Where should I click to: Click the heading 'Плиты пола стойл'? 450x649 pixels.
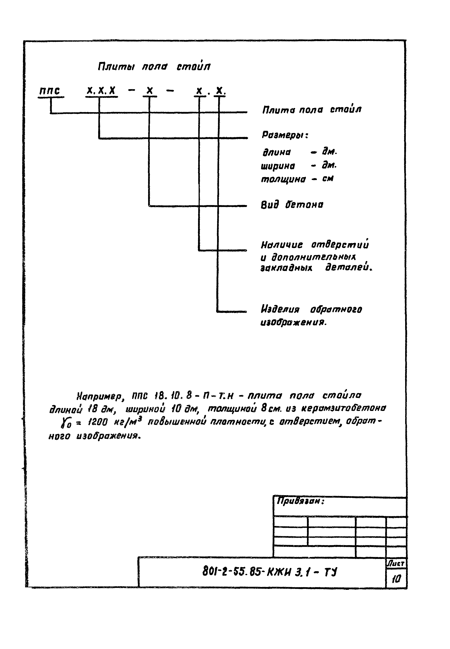tap(154, 67)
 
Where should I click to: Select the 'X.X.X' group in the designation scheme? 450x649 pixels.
tap(101, 91)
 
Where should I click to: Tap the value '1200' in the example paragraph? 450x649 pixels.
tap(97, 422)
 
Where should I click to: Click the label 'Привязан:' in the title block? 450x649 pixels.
tap(301, 501)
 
